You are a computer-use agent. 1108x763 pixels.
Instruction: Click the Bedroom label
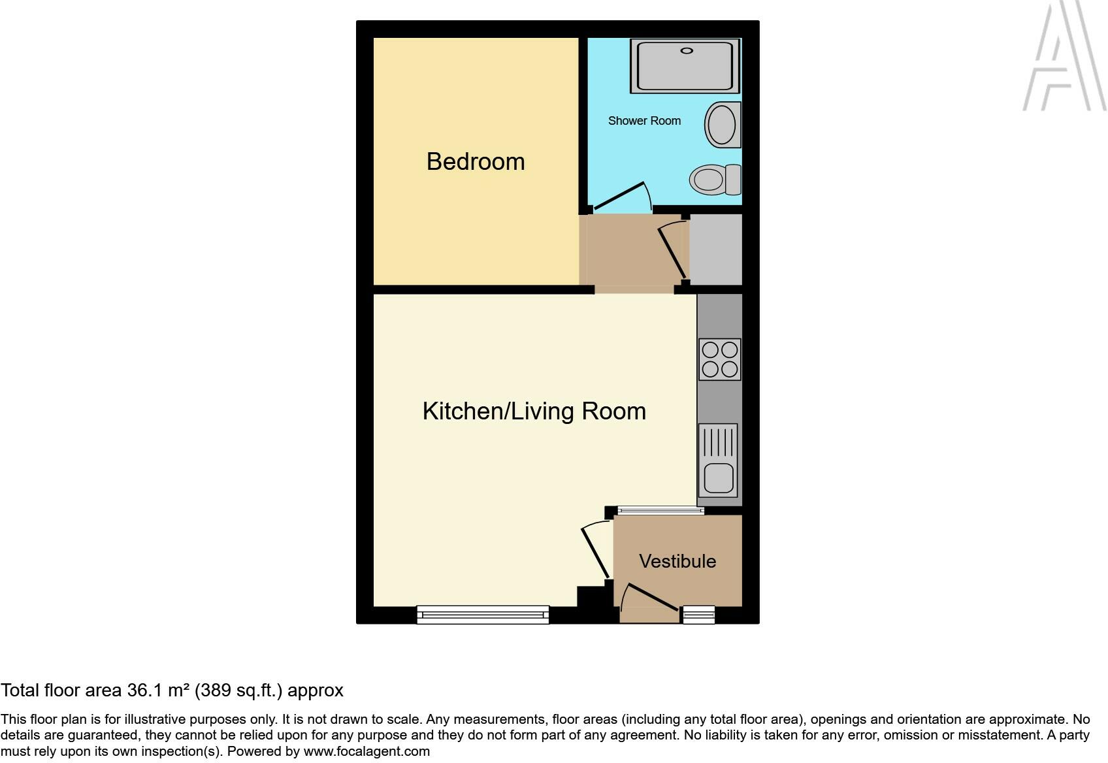476,161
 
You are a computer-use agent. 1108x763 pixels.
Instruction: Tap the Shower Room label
644,121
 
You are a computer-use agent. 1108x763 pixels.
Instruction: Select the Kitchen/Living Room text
534,411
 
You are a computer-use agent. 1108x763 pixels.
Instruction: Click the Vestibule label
677,561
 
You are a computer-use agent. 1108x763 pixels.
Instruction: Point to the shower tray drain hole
686,50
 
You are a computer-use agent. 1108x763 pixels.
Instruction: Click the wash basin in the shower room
722,125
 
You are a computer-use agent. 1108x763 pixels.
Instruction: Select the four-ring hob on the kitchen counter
719,359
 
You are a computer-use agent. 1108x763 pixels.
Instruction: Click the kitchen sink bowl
718,478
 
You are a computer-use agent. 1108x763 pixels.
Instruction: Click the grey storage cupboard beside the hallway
715,250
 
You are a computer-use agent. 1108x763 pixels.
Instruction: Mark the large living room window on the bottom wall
483,614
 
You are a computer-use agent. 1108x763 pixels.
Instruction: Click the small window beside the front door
698,614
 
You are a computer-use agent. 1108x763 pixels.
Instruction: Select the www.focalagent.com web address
367,751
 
